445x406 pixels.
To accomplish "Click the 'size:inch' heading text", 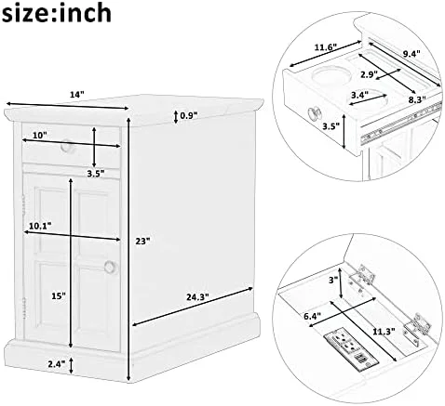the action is tap(56, 12).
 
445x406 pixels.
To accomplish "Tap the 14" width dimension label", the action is tap(77, 95).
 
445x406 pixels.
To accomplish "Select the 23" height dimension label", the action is tap(143, 241).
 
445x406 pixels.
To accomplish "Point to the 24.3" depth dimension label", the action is tap(197, 297).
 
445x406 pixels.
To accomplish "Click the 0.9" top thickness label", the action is tap(189, 116).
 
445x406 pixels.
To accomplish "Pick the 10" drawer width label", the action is tap(40, 135).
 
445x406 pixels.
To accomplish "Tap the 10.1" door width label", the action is tap(40, 226).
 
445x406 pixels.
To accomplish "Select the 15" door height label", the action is tap(59, 295).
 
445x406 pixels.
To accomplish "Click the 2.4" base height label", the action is tap(57, 363).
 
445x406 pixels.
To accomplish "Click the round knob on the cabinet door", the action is tap(110, 267).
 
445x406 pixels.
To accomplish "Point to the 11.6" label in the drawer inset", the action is tap(326, 47).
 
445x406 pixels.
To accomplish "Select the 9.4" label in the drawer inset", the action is tap(411, 54).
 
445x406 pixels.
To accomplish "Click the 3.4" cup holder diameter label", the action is tap(359, 94).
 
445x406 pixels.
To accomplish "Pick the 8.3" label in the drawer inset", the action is tap(417, 99).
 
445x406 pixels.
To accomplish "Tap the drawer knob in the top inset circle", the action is tap(314, 113).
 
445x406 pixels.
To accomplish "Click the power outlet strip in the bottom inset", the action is tap(352, 349).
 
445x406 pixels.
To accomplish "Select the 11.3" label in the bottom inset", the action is tap(384, 332).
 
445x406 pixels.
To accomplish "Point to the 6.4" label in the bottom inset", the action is tap(312, 316).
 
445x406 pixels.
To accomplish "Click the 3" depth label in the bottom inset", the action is tap(333, 281).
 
